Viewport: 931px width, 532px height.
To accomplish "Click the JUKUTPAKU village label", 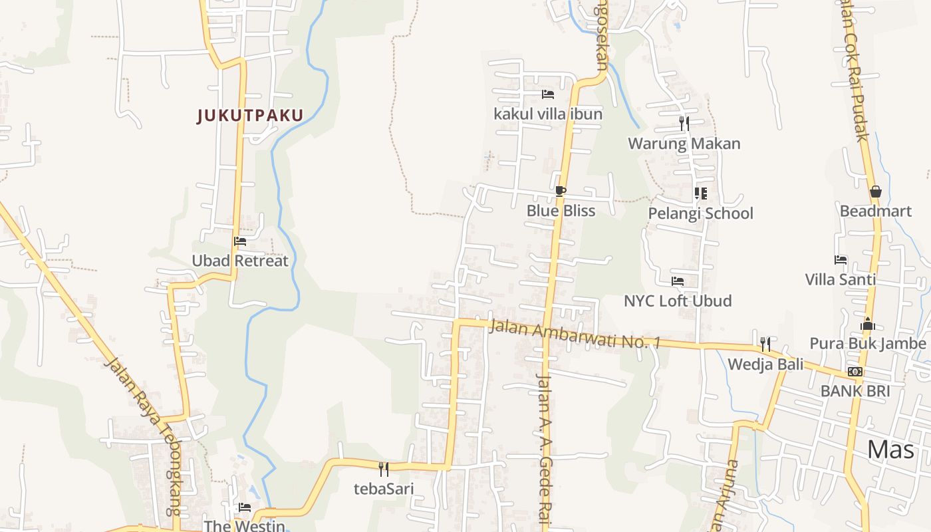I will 250,116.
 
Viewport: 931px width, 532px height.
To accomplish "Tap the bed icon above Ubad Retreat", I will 240,241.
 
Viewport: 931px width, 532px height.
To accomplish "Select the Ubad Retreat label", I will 240,261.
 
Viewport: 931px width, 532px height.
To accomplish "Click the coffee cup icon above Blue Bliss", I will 561,192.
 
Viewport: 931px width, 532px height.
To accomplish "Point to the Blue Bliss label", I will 561,211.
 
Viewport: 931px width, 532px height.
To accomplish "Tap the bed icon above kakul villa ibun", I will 548,94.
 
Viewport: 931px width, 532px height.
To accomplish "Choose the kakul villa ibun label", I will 548,114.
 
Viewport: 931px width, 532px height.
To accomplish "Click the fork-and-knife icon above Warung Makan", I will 684,124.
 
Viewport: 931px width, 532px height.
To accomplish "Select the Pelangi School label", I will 701,213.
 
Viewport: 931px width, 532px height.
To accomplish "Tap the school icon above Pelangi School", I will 700,194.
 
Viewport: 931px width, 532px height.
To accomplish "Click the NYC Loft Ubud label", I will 678,301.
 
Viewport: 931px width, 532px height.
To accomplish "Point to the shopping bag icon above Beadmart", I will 875,192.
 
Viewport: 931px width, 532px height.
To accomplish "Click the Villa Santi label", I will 841,279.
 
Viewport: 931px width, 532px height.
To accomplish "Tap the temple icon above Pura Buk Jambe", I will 868,324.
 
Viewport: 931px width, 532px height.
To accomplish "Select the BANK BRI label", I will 855,391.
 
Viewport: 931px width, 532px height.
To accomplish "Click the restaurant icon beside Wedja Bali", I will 765,344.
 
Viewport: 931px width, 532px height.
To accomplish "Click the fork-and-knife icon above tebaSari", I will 384,469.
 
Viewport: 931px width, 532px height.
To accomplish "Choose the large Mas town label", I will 890,450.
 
